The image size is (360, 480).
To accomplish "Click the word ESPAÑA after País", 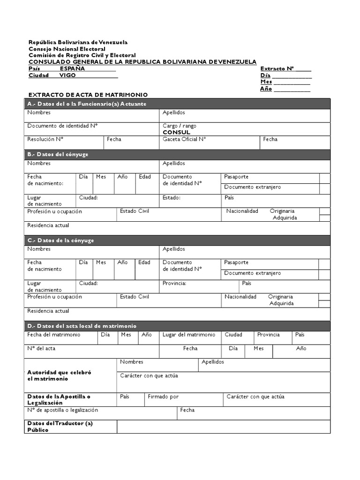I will tap(72, 68).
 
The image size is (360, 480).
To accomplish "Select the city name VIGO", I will tap(67, 75).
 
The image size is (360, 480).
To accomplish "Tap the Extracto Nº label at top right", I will tap(277, 68).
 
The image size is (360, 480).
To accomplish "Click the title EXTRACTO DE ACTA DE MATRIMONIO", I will tap(88, 95).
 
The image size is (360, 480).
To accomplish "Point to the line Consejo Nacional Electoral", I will tap(67, 49).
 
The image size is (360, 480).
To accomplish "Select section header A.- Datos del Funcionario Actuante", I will tap(87, 104).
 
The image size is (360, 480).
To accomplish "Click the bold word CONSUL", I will tap(176, 133).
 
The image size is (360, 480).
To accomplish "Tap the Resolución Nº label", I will tap(45, 139).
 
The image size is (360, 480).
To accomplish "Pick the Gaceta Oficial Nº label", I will tap(184, 139).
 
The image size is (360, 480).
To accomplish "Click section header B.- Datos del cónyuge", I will tap(58, 154).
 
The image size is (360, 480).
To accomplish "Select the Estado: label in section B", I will tap(172, 198).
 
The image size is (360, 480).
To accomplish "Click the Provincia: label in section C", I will tap(174, 283).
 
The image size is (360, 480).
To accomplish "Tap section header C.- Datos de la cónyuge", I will tap(60, 240).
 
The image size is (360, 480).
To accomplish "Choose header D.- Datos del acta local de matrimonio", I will tap(82, 326).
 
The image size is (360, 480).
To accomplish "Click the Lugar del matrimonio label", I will tap(189, 335).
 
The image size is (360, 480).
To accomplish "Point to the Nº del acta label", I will tap(41, 348).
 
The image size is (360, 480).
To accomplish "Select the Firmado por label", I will tap(163, 397).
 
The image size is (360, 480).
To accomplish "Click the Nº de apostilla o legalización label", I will tap(63, 410).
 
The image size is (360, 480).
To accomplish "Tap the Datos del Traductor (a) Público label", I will tap(60, 427).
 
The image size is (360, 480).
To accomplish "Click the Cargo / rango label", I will tap(180, 126).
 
